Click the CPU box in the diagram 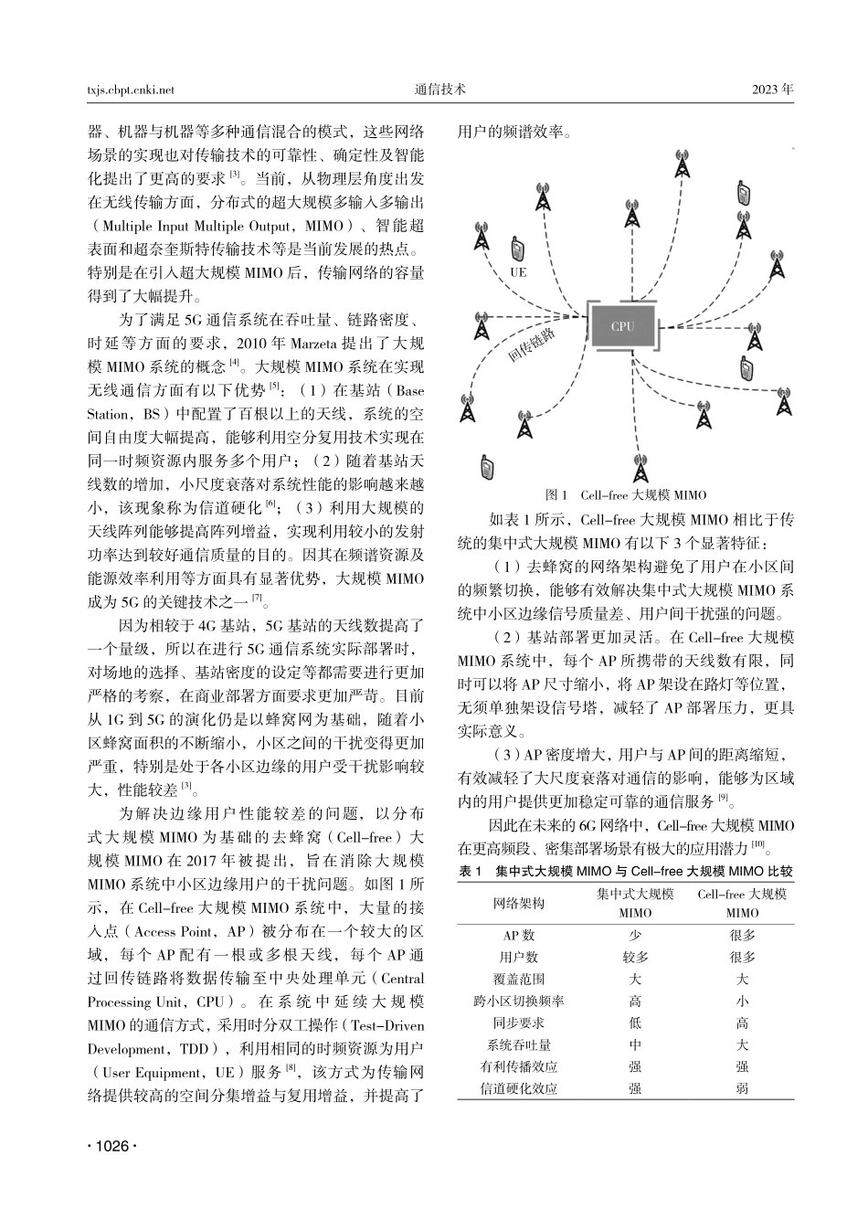click(623, 326)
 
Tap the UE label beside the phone click(518, 272)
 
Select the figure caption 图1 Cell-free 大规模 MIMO click(625, 494)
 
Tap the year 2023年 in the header click(773, 90)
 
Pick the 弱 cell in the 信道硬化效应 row click(742, 1088)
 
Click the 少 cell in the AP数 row click(635, 935)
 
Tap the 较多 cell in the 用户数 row click(635, 957)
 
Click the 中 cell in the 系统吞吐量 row click(635, 1044)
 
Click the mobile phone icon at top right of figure click(743, 194)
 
